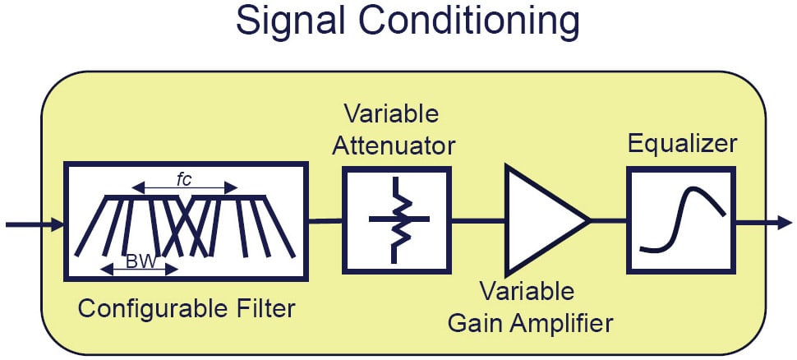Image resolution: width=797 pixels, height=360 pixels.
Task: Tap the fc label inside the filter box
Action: point(185,179)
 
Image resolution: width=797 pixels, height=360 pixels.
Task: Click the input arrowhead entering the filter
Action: point(58,223)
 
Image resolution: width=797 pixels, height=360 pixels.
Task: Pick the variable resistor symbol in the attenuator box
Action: point(397,219)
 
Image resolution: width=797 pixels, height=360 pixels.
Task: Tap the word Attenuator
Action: point(399,146)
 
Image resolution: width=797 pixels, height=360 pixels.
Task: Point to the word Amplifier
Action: point(566,322)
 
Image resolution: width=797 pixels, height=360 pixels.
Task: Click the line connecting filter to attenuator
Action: point(325,220)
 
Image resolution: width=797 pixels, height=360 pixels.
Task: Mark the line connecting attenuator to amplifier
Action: point(477,220)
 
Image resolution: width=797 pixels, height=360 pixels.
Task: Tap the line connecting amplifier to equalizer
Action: point(607,220)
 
